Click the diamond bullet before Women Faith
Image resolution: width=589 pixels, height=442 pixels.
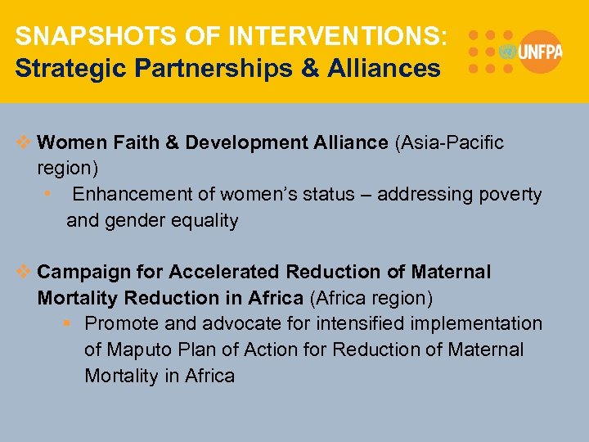point(25,143)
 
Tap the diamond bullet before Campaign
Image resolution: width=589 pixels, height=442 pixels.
point(25,272)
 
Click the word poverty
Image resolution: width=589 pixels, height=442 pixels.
point(510,195)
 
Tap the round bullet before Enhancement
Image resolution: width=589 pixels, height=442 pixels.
point(50,195)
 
